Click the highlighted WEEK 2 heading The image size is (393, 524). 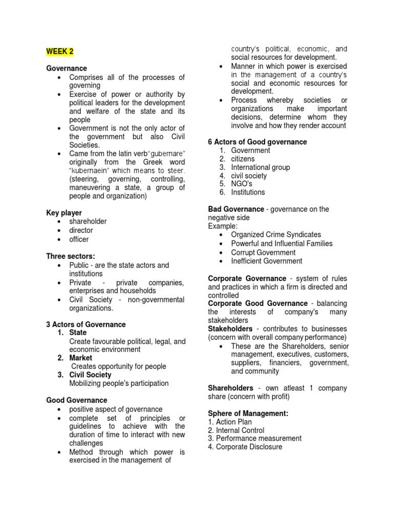coord(60,51)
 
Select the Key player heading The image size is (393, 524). coord(64,212)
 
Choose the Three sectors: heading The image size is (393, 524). coord(71,256)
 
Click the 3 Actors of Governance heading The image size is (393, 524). coord(86,324)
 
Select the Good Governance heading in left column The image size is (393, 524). coord(77,400)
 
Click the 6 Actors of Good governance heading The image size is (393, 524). coord(257,142)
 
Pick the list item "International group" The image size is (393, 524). coord(260,167)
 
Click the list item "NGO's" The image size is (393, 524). coord(242,184)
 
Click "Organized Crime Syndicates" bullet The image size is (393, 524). coord(276,234)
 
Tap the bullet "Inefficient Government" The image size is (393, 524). coord(266,261)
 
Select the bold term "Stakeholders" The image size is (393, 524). coord(230,329)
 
